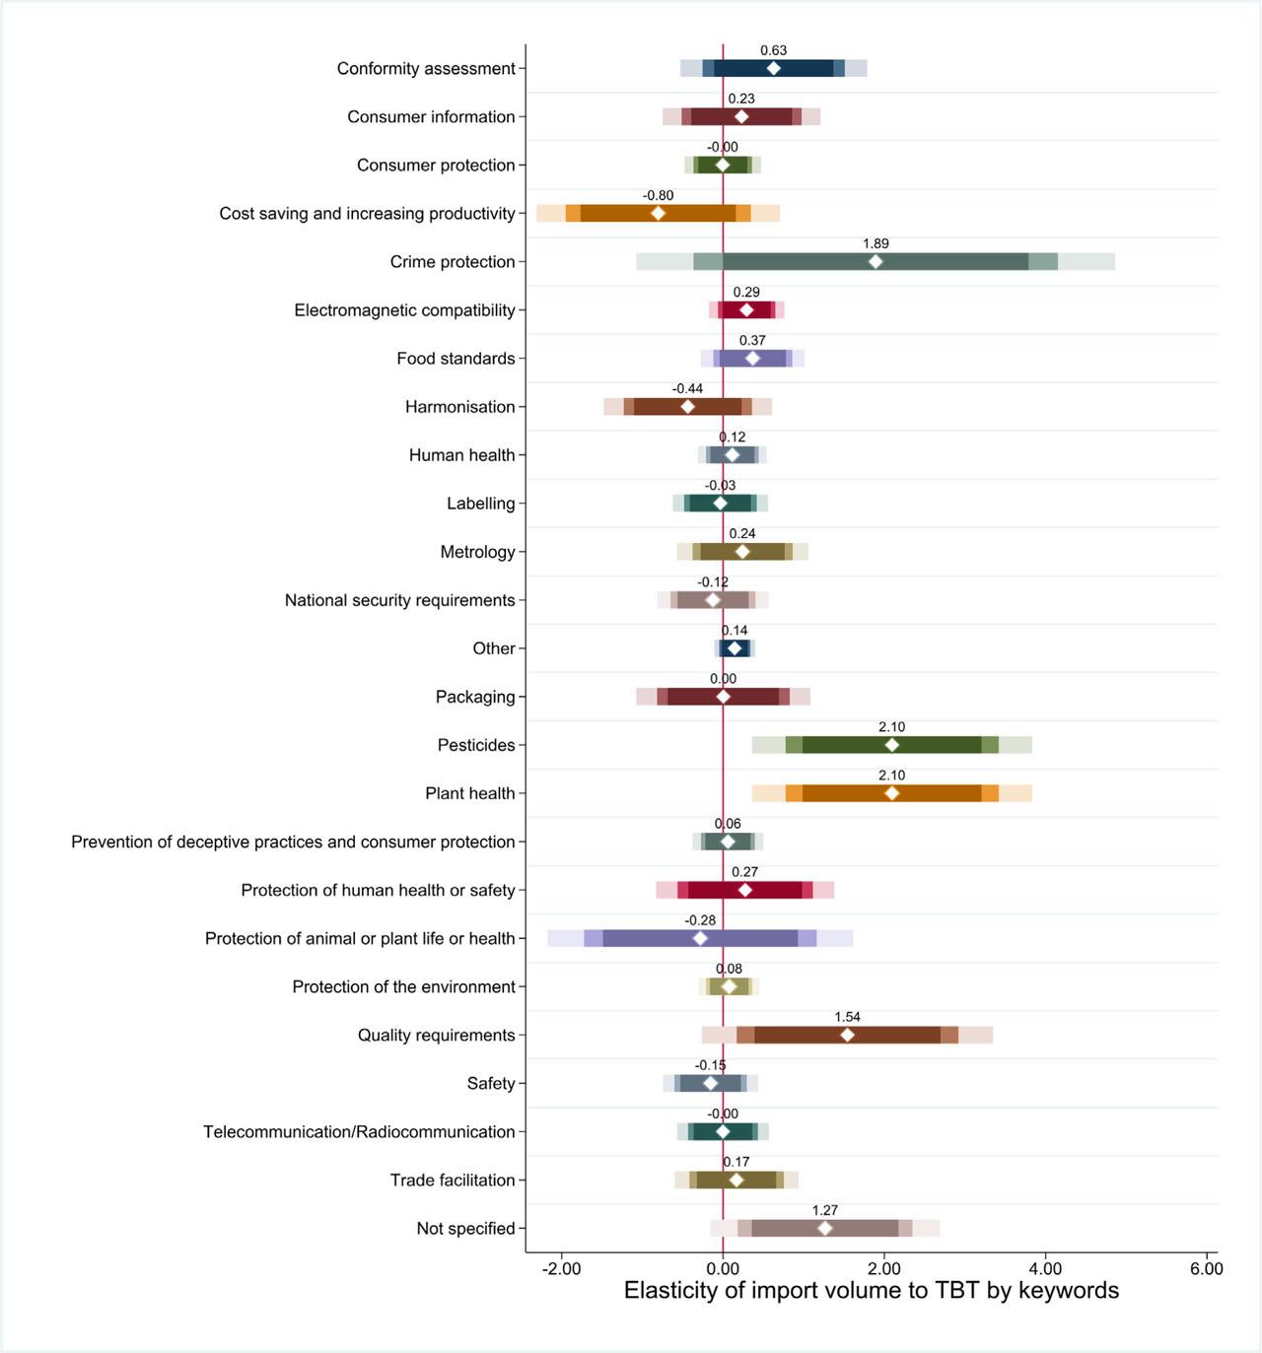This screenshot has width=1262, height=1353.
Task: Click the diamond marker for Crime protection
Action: [876, 262]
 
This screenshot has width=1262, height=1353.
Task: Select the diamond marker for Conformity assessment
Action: [774, 68]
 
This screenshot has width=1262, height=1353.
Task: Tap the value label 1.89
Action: [876, 244]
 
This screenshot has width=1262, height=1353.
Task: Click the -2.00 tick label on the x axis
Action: [561, 1268]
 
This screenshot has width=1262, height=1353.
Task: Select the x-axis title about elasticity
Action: [872, 1291]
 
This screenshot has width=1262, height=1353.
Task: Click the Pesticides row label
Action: [476, 745]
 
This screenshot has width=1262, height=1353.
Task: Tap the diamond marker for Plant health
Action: [892, 793]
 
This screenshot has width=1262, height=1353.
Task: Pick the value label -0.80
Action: [659, 196]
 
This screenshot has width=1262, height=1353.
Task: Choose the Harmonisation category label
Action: [460, 407]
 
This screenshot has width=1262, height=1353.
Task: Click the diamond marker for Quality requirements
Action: [847, 1035]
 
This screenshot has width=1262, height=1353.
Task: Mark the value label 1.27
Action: [825, 1211]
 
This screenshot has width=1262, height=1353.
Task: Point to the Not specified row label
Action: [465, 1229]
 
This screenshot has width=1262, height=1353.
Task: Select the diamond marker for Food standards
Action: [753, 359]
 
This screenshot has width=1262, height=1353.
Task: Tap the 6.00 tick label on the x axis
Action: [1207, 1268]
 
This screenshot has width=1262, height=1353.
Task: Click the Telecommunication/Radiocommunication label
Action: [359, 1132]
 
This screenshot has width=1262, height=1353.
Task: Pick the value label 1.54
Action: [847, 1018]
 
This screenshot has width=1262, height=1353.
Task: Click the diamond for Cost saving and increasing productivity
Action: [659, 214]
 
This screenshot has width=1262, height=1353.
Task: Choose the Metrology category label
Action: [477, 552]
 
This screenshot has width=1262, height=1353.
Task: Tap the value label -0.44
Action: [687, 389]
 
